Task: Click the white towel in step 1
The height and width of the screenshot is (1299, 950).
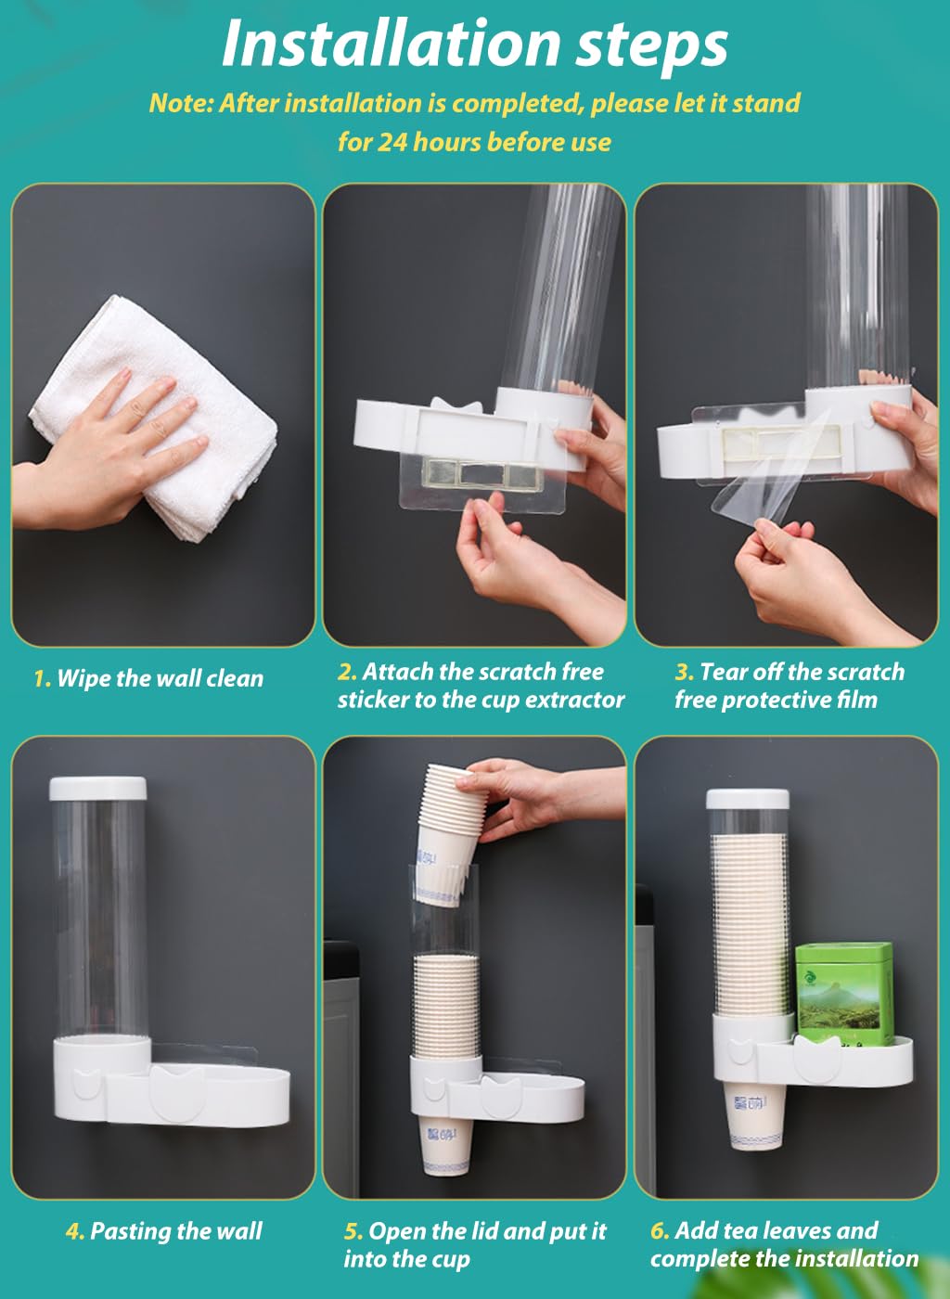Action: click(158, 418)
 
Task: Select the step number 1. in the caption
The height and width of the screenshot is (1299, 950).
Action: click(42, 679)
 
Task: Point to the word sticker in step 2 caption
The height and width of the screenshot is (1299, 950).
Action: click(372, 700)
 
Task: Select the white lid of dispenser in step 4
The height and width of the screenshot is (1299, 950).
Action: click(97, 789)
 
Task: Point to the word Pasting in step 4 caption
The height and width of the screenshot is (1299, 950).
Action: click(129, 1231)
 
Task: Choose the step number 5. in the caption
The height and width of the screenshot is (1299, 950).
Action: click(353, 1231)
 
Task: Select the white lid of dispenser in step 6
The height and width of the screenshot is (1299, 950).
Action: click(747, 798)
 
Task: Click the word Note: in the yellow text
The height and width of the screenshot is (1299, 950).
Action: click(181, 103)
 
